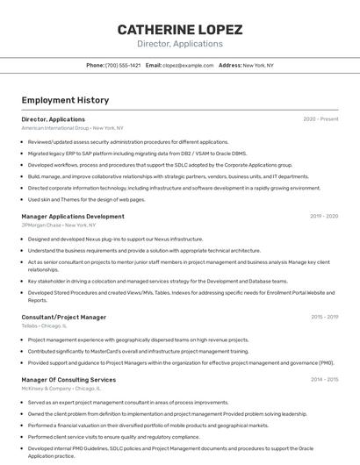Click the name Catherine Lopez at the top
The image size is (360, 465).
(180, 30)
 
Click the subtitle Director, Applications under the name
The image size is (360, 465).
(180, 44)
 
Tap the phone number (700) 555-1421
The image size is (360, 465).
(123, 65)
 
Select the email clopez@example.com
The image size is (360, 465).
(187, 65)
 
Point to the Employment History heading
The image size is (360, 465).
(65, 100)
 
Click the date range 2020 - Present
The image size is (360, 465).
(320, 119)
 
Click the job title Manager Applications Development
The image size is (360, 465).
(73, 216)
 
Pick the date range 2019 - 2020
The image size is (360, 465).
(323, 216)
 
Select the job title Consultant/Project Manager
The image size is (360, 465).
(63, 317)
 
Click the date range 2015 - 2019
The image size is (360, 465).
(324, 317)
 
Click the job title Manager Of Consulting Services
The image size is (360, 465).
(68, 380)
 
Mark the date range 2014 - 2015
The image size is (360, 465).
(324, 380)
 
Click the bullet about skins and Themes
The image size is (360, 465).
(86, 199)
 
